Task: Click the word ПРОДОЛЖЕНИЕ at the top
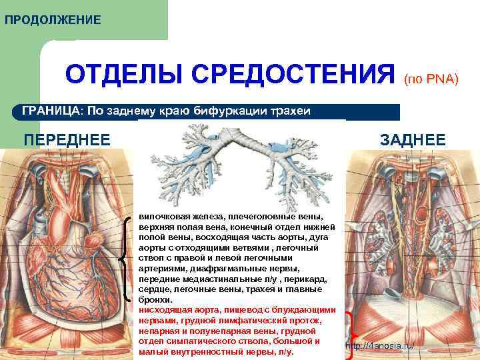click(53, 20)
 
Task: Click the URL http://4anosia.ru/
click(380, 347)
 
